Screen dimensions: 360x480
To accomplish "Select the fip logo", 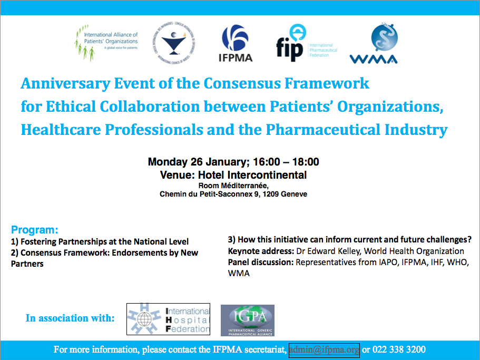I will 306,43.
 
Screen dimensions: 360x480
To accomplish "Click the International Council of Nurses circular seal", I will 177,44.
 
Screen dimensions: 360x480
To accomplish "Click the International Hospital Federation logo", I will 169,319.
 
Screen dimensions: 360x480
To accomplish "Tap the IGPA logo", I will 247,320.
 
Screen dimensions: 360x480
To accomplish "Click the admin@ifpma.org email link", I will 324,350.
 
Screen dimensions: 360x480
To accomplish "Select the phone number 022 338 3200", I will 399,350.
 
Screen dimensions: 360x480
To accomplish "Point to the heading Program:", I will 34,230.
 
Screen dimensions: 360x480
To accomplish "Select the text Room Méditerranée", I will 233,186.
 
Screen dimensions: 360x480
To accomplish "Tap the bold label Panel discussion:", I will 260,262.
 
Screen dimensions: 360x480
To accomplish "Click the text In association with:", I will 70,318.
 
